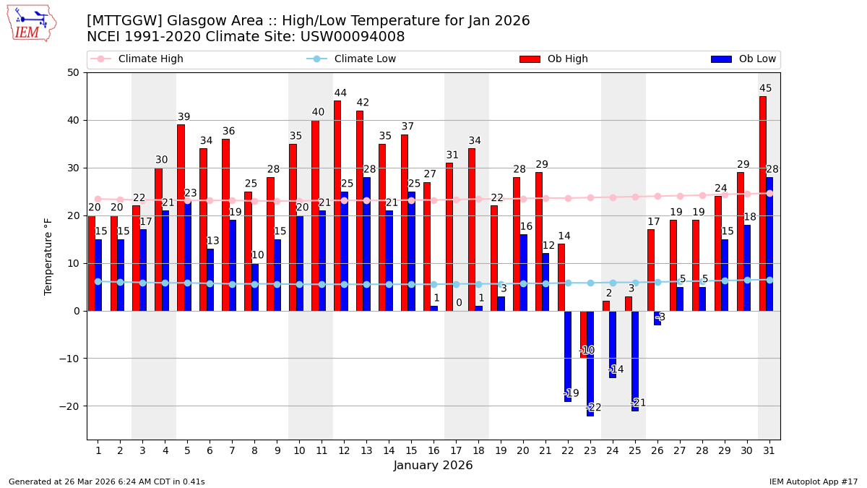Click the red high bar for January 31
pyautogui.click(x=762, y=203)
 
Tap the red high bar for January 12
pyautogui.click(x=337, y=205)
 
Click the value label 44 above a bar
pyautogui.click(x=340, y=93)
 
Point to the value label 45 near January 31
pyautogui.click(x=765, y=88)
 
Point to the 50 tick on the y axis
pyautogui.click(x=73, y=72)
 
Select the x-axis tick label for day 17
pyautogui.click(x=456, y=450)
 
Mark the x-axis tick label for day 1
pyautogui.click(x=98, y=450)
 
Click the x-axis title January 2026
pyautogui.click(x=433, y=466)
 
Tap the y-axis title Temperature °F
pyautogui.click(x=49, y=256)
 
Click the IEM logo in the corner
pyautogui.click(x=32, y=22)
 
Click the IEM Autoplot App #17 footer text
pyautogui.click(x=813, y=481)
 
